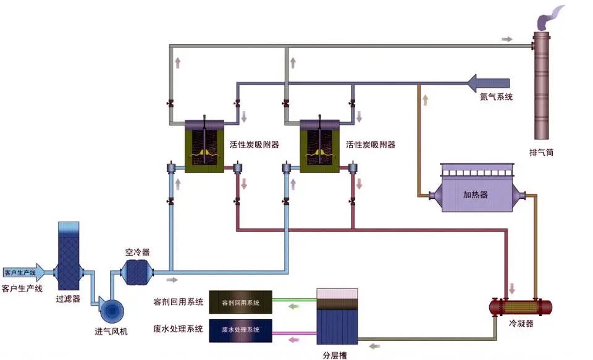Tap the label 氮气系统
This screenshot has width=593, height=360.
click(497, 97)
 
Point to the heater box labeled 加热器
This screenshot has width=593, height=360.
click(475, 195)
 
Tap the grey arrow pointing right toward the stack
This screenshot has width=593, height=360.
click(507, 40)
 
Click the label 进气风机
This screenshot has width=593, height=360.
click(111, 332)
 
